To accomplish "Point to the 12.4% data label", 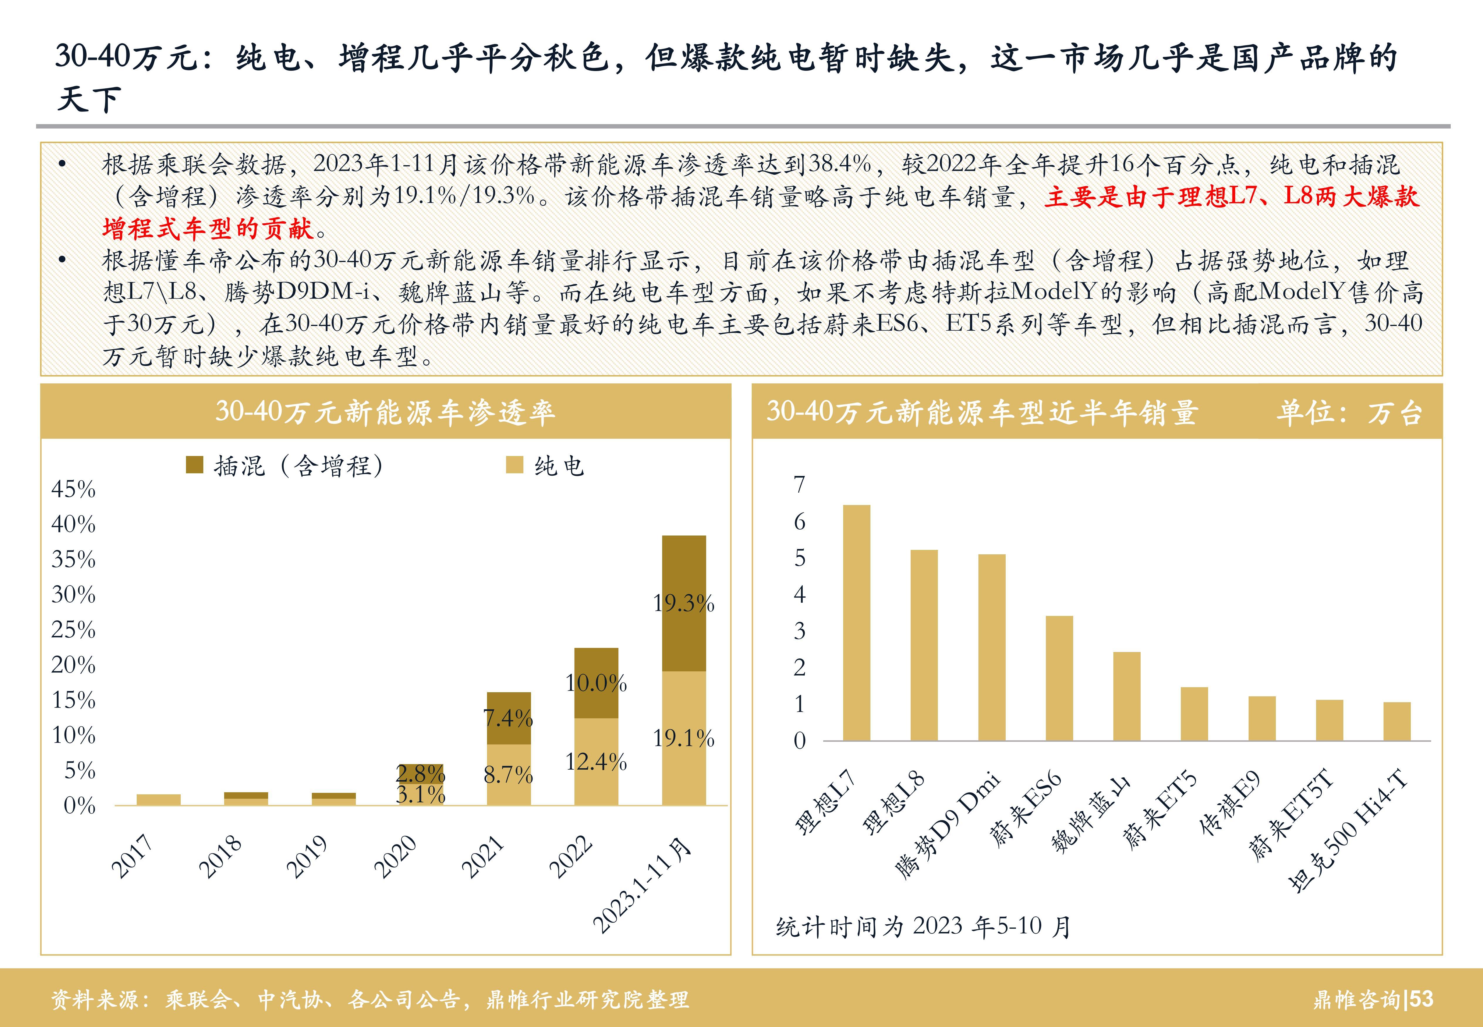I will (x=596, y=762).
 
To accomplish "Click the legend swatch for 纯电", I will (x=515, y=464).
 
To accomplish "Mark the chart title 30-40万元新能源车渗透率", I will (x=385, y=412).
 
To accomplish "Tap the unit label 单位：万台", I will (x=1349, y=412).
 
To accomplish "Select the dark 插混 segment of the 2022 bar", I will (x=596, y=683).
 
